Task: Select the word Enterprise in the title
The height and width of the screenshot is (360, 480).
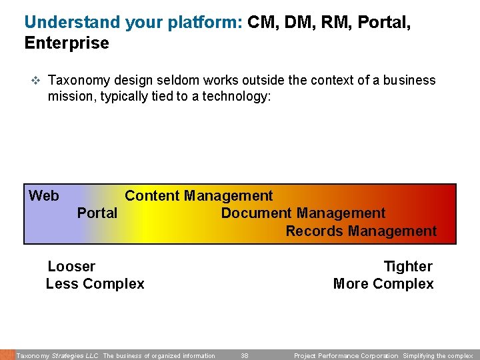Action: (x=67, y=43)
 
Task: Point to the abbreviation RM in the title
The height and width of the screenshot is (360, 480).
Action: (x=331, y=22)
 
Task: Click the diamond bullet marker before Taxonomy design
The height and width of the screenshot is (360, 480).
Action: (x=36, y=81)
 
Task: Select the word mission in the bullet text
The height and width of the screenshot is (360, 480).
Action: (x=69, y=97)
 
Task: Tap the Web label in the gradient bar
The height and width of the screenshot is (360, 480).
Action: (x=44, y=196)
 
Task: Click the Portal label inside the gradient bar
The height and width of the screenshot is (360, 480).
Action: (x=97, y=213)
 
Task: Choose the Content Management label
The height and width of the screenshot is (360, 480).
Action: (x=199, y=196)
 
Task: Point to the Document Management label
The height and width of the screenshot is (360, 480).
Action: (x=303, y=213)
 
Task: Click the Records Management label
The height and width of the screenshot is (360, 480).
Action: (x=361, y=231)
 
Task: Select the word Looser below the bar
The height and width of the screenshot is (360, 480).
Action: (x=71, y=267)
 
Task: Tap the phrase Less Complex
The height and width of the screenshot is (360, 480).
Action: (x=95, y=284)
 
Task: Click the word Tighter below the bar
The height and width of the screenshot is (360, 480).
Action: (x=408, y=267)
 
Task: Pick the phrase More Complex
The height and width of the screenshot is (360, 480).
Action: (x=383, y=284)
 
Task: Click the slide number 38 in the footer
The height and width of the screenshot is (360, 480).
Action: (x=245, y=356)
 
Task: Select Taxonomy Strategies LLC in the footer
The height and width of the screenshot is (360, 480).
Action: (x=57, y=356)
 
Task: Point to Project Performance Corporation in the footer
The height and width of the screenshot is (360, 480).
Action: (x=346, y=356)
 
